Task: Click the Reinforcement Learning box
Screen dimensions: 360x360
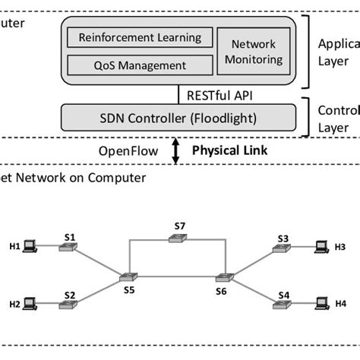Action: [136, 37]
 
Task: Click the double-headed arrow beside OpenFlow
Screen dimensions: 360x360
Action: [176, 151]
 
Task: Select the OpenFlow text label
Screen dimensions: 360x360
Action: [128, 151]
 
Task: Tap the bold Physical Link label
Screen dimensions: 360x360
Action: [229, 151]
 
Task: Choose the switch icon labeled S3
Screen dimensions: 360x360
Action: [282, 247]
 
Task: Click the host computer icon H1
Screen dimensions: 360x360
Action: [30, 246]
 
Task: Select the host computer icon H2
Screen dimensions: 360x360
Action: [30, 304]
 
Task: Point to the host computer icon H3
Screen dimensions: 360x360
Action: [323, 246]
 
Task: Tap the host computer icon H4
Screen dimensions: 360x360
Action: [323, 304]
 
